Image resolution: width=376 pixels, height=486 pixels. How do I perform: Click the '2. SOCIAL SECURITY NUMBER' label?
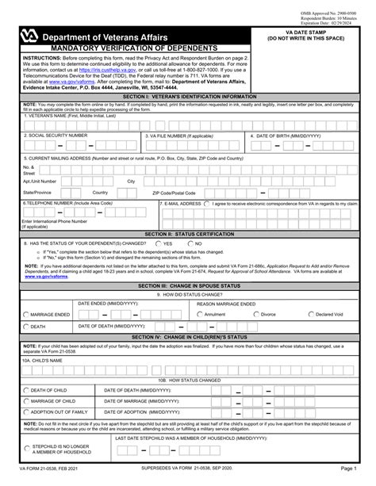56,136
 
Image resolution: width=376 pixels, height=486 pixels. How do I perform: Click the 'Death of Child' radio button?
26,390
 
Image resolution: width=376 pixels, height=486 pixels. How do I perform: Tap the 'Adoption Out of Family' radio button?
26,412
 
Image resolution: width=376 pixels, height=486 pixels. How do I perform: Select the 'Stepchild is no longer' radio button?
26,450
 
